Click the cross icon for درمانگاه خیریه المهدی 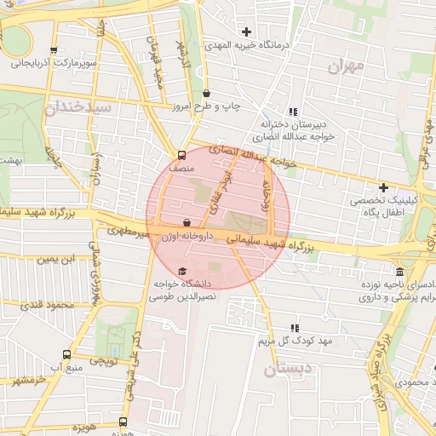tap(247, 32)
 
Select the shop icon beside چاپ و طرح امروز tap(208, 94)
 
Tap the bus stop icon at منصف tap(181, 156)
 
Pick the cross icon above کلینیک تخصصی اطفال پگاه tap(383, 187)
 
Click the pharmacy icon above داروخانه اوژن tap(186, 223)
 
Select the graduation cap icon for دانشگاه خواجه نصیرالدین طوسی tap(182, 271)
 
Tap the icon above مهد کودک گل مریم tap(295, 328)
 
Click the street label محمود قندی tap(43, 304)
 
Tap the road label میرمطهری tap(129, 231)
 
